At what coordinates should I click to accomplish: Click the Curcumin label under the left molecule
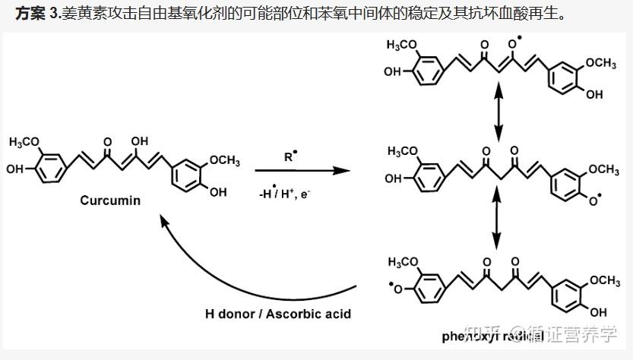[x=111, y=201]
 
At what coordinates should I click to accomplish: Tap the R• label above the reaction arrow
[x=292, y=158]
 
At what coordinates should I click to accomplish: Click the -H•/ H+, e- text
[x=286, y=194]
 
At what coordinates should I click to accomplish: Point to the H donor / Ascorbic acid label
[x=277, y=312]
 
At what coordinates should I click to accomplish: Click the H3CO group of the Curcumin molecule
[x=27, y=142]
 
